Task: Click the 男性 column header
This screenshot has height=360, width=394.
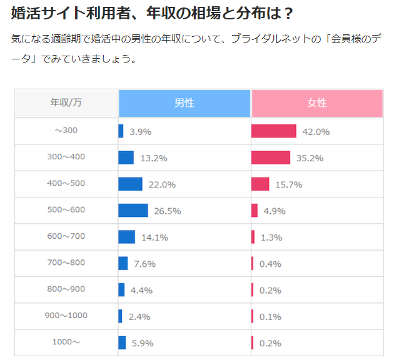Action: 184,103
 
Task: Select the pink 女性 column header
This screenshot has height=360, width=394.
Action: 317,103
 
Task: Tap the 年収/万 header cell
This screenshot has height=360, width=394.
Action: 66,103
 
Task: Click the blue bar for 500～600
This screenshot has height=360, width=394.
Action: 133,211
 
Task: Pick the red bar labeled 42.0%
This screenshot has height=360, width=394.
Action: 273,131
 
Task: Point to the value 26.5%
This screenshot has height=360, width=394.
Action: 167,211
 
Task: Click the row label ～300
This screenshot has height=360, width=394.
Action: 66,131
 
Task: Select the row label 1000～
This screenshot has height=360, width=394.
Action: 66,342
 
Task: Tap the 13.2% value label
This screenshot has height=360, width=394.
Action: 153,158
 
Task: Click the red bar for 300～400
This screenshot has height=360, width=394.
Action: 271,157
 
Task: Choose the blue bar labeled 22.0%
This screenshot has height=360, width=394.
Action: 130,184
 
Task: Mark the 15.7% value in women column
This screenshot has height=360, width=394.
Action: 289,185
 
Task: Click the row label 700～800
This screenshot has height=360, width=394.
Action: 66,262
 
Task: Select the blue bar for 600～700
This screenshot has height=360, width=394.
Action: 126,237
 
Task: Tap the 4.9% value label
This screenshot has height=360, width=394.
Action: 274,211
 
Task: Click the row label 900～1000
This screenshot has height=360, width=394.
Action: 66,316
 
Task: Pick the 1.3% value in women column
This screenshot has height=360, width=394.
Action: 271,237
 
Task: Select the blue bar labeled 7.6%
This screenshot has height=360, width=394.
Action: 123,263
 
